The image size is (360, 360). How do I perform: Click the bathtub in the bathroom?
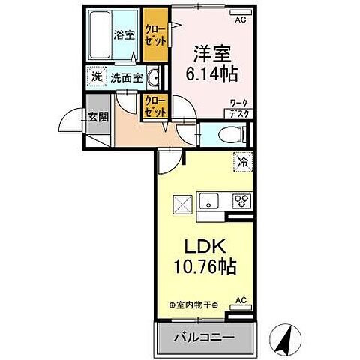tap(100, 35)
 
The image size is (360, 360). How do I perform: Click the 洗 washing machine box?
tap(96, 76)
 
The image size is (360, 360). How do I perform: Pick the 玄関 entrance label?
tap(97, 117)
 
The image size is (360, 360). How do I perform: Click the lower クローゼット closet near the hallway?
tap(154, 106)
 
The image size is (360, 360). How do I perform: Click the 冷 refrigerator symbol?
tap(244, 160)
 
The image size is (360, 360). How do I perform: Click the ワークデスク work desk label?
tap(240, 108)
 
